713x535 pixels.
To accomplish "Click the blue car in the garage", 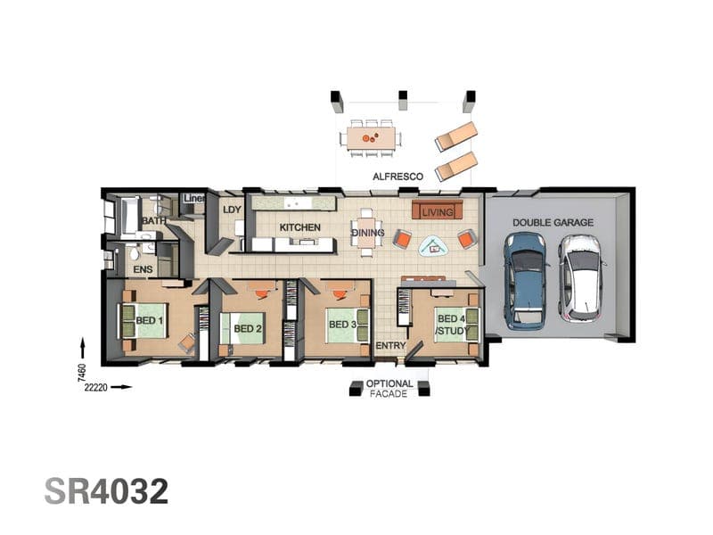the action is point(525,281).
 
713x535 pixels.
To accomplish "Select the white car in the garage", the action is point(582,277).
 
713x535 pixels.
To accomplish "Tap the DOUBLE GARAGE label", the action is point(553,222).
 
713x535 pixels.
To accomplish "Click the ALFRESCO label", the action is point(397,177).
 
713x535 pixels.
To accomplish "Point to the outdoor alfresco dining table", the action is point(371,138).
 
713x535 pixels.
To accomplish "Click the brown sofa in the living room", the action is point(438,210).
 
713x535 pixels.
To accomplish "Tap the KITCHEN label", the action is point(299,227).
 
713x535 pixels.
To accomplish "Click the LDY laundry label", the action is point(232,210).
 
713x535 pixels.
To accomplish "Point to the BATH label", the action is point(153,220).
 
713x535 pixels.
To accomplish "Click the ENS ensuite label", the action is point(143,270).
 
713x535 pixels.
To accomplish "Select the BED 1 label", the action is point(150,320).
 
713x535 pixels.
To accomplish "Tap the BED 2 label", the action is point(248,328).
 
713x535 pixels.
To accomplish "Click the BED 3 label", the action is point(343,325).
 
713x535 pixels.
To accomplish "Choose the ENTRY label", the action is point(390,346).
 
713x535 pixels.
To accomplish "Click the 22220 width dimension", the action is point(96,388).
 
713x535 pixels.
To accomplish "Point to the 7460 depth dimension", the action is point(81,373).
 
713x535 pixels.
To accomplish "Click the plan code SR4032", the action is point(106,491).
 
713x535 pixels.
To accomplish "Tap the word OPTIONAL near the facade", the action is point(389,384).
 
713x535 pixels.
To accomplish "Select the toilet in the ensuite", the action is point(134,252).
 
